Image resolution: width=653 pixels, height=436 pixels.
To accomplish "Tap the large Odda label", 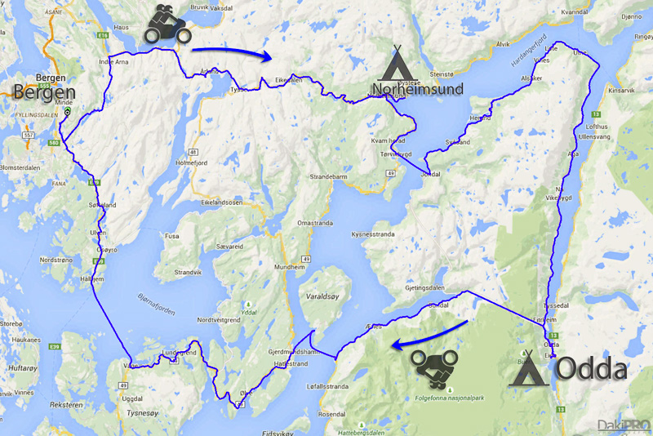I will pos(591,369).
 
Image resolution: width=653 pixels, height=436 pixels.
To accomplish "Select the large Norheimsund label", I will pos(416,88).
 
